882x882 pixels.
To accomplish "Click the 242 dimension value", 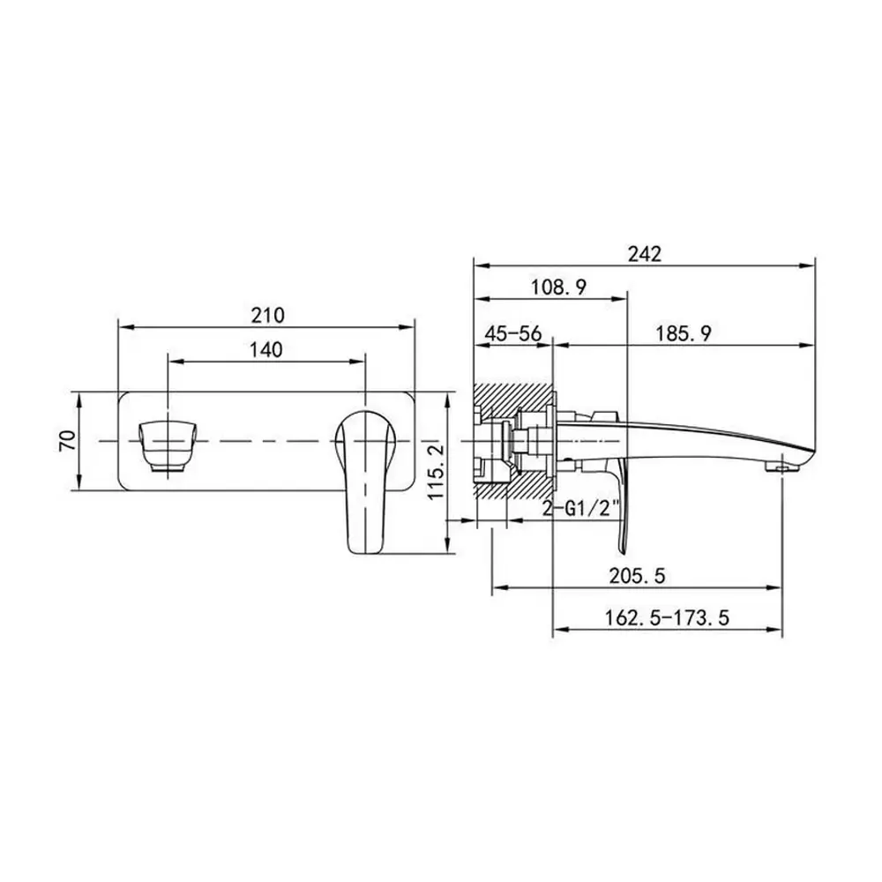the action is coord(645,254).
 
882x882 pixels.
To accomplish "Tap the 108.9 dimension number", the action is coord(558,288).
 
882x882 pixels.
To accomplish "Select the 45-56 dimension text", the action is coord(513,334).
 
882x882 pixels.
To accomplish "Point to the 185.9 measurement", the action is coord(683,334).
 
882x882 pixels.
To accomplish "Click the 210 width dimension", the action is coord(268,315).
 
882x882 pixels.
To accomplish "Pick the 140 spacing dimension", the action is coord(265,350).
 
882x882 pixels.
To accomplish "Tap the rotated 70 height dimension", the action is coord(69,440).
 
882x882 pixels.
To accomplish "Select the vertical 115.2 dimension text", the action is coord(436,471).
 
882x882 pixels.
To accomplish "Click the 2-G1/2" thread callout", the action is coord(581,509).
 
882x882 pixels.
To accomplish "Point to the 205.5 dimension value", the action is coord(638,575).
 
